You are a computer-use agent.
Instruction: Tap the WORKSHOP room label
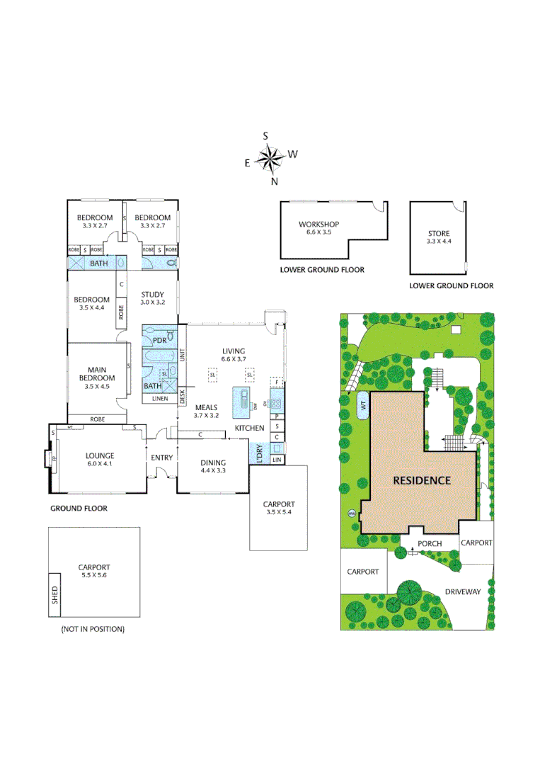point(318,225)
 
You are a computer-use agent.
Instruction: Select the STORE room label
point(439,233)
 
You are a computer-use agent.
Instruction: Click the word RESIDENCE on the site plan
point(422,480)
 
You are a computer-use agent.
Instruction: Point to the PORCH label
point(430,543)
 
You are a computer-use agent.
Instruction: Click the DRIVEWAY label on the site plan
point(463,591)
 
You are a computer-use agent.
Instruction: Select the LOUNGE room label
point(100,455)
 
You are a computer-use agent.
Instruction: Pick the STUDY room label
point(152,295)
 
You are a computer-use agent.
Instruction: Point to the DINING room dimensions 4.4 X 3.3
point(213,470)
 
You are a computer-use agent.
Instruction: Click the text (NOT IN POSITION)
point(93,629)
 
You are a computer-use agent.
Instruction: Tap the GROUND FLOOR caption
point(79,509)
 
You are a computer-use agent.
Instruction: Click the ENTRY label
point(161,458)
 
